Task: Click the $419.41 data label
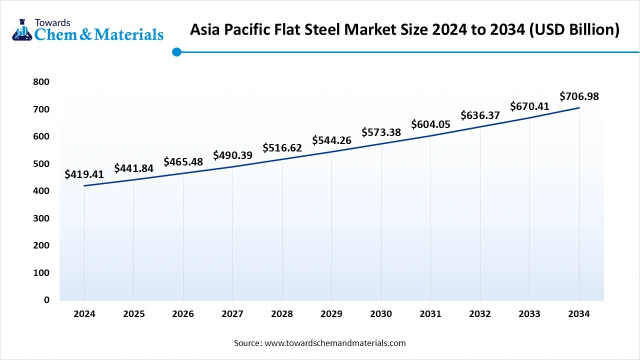[x=84, y=174]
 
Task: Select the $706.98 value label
[x=579, y=96]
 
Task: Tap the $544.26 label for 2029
[x=331, y=140]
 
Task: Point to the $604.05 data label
[x=430, y=124]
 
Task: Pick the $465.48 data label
[x=183, y=162]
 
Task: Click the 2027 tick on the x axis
[x=232, y=314]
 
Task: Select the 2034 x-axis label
[x=579, y=314]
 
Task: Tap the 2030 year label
[x=381, y=314]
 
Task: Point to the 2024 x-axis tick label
[x=84, y=314]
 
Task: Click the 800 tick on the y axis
[x=42, y=82]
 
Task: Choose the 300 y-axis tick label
[x=42, y=218]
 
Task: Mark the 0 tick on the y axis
[x=47, y=300]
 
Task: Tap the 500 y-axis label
[x=42, y=164]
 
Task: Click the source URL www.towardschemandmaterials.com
[x=335, y=343]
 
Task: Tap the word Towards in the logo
[x=52, y=22]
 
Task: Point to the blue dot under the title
[x=176, y=51]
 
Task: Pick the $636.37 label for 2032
[x=480, y=115]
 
